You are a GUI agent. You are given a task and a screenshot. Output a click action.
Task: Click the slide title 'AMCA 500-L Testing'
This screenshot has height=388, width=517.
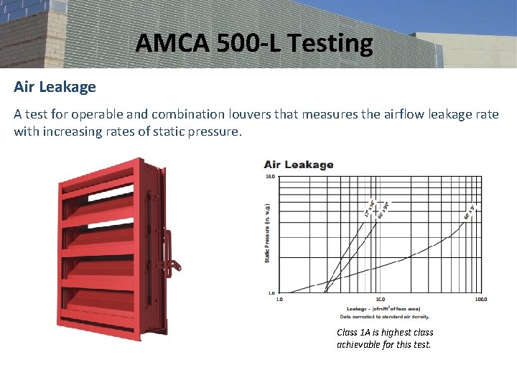[x=254, y=44]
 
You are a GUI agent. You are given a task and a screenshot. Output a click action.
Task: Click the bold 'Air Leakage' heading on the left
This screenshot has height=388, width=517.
[x=55, y=87]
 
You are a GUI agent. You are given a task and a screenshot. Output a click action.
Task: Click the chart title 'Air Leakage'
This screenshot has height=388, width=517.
[x=299, y=165]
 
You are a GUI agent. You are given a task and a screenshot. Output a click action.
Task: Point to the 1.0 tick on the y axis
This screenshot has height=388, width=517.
[x=270, y=293]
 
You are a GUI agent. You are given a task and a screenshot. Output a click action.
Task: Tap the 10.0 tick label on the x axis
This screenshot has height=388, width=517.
[x=381, y=299]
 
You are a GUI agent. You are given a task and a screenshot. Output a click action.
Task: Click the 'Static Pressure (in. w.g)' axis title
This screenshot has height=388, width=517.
[x=267, y=234]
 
